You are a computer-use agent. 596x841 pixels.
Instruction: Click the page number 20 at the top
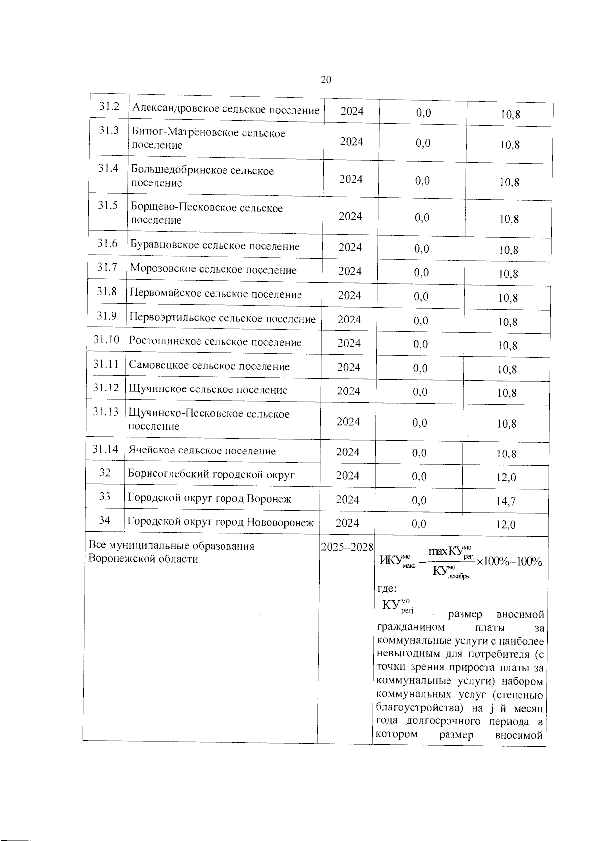coord(326,80)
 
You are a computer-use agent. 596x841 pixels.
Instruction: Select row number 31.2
coord(109,106)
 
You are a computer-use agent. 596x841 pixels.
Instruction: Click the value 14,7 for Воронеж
coord(506,501)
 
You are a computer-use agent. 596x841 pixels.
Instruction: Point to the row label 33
coord(104,496)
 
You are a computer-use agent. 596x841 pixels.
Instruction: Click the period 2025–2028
coord(347,547)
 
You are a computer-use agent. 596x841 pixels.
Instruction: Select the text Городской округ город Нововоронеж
coord(221,522)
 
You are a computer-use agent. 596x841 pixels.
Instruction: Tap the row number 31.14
coord(105,449)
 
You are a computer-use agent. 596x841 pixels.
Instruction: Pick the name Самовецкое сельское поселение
coord(209,366)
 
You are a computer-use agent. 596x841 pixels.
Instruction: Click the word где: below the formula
coord(387,589)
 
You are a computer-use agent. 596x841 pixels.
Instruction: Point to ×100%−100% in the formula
coord(509,561)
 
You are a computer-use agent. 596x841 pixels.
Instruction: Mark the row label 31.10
coord(106,340)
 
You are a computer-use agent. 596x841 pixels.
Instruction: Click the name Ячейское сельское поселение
coord(202,451)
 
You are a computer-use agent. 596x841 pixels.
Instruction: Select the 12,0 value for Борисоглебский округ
coord(506,477)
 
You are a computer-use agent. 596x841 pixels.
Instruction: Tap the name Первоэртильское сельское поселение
coord(223,319)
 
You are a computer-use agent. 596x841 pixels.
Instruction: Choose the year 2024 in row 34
coord(347,523)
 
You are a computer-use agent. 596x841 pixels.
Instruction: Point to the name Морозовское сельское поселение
coord(213,270)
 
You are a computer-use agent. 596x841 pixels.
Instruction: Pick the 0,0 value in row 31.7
coord(421,272)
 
